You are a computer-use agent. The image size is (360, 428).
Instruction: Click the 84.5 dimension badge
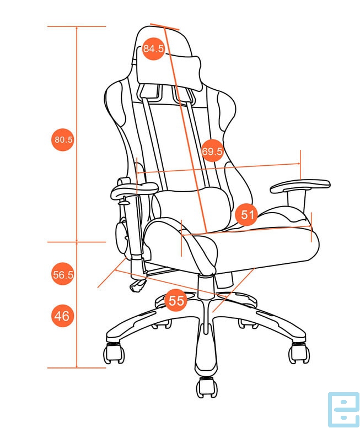point(153,48)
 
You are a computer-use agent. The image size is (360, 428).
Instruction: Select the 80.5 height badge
point(63,139)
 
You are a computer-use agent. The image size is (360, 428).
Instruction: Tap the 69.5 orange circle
point(212,151)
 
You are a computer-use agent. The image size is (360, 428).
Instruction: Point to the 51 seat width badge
point(246,214)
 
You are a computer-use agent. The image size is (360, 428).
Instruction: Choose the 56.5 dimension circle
point(63,274)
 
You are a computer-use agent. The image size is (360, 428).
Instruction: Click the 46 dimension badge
point(63,316)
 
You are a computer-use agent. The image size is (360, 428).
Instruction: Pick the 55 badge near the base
point(176,300)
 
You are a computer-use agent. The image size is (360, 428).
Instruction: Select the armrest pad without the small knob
point(300,185)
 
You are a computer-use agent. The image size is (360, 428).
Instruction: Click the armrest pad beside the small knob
point(134,189)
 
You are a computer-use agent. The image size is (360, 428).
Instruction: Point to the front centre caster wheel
point(207,387)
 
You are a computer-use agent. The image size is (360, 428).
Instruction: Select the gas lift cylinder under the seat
point(206,286)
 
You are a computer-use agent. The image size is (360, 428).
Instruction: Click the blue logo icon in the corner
point(343,409)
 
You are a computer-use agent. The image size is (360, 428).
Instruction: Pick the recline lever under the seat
point(137,285)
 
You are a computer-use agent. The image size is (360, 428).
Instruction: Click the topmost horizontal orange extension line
point(77,26)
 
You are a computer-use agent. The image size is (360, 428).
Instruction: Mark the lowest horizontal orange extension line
point(77,367)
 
